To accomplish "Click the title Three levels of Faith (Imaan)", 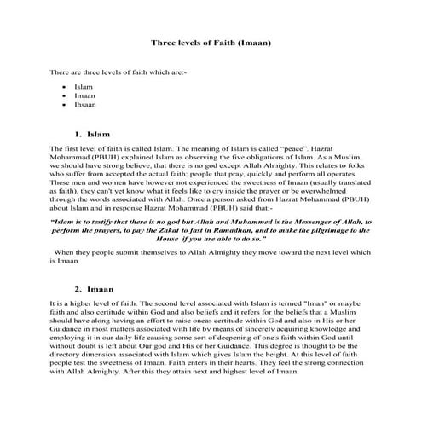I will pyautogui.click(x=211, y=41).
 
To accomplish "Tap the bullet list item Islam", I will pyautogui.click(x=83, y=86).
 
